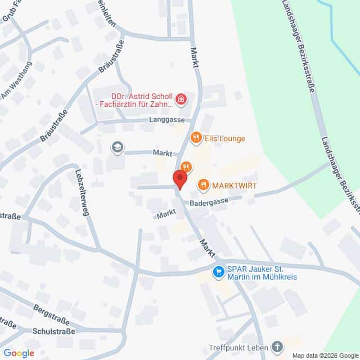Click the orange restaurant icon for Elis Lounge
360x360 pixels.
pos(196,137)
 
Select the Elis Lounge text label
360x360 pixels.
pos(224,138)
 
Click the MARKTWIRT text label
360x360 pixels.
pos(232,184)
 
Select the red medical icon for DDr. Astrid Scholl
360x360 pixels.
pos(181,100)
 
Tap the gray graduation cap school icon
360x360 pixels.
pos(117,147)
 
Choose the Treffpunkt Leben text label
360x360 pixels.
pos(238,346)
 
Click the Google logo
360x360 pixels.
pos(19,353)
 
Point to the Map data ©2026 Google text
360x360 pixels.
pos(324,355)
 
